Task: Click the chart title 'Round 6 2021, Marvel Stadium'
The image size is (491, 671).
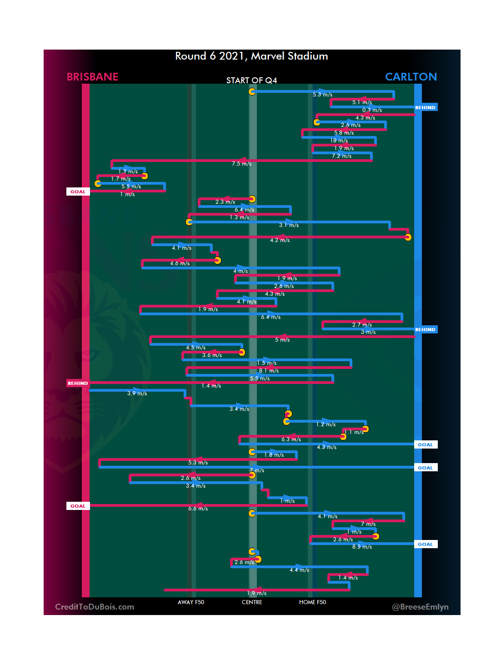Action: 251,56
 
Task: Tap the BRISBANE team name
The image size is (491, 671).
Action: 92,77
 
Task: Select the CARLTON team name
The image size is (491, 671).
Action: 411,77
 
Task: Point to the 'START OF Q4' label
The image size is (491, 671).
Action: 251,81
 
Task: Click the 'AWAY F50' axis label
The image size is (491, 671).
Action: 191,602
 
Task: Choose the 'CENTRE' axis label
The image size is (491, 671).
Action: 252,602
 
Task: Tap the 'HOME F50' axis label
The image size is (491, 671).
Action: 312,602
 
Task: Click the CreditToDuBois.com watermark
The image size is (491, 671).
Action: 95,607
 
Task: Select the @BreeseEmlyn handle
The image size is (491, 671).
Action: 420,607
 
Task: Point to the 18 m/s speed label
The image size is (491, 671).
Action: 339,141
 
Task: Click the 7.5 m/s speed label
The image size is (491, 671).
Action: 241,164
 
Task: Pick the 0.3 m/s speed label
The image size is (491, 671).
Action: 372,110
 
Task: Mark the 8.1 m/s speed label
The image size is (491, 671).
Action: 269,371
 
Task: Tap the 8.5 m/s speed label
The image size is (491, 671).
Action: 362,547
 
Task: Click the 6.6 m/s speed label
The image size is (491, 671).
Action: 198,509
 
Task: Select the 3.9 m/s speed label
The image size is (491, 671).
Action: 137,394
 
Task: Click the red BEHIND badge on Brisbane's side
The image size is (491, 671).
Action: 78,383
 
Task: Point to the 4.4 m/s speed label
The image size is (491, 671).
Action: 299,570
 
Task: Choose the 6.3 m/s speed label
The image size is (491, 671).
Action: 291,439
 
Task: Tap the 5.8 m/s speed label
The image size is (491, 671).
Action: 344,133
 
